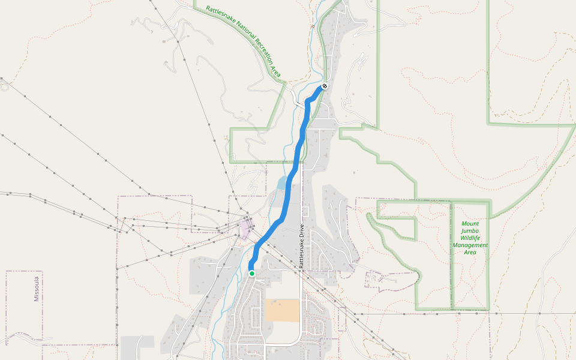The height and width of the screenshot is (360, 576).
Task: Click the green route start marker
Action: click(252, 274)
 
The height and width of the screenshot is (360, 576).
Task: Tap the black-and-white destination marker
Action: click(325, 86)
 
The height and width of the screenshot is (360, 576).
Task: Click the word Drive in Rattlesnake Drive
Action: click(303, 232)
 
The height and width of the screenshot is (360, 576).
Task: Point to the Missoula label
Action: click(36, 289)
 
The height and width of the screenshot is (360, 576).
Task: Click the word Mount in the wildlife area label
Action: click(470, 224)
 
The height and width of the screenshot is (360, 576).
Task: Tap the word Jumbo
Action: click(470, 231)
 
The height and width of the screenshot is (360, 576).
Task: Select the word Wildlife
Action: click(470, 238)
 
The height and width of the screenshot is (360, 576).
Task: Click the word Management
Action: click(470, 245)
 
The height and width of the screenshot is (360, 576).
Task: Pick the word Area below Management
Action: click(470, 253)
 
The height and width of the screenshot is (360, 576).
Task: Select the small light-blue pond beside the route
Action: click(281, 183)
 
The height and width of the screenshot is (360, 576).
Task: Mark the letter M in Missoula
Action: click(36, 298)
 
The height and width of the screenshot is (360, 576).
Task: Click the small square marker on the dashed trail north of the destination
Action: click(313, 26)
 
